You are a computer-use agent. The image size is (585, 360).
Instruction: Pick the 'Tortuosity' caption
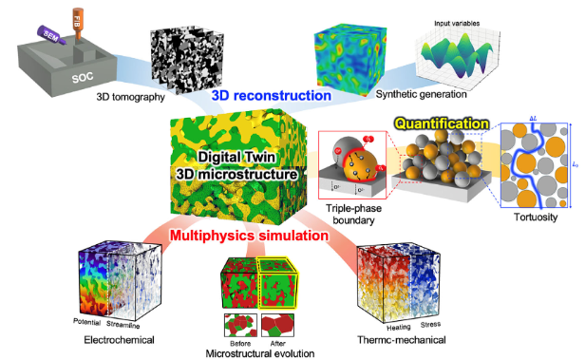coord(533,218)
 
